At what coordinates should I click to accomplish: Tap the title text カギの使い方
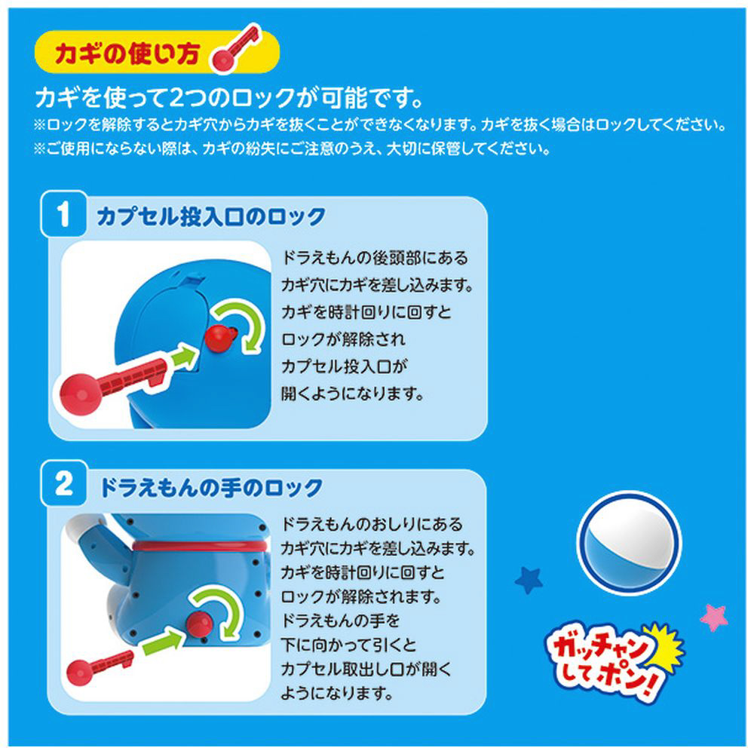click(127, 53)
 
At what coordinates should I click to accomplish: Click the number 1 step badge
click(63, 214)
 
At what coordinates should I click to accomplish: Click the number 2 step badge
click(63, 483)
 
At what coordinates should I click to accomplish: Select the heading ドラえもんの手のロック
click(211, 487)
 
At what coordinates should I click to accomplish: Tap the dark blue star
click(529, 580)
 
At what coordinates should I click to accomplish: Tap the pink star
click(714, 618)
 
